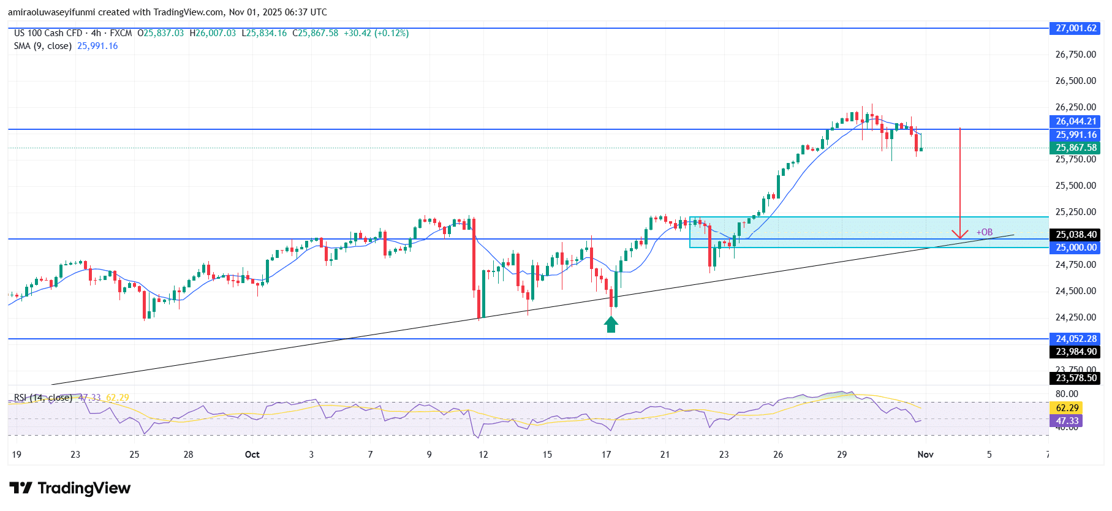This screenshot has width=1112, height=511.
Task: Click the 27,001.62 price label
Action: (x=1076, y=28)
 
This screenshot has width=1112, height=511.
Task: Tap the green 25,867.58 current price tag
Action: (x=1076, y=148)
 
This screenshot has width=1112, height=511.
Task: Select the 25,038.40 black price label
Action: (x=1076, y=235)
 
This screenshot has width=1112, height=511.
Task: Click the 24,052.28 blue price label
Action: (x=1076, y=339)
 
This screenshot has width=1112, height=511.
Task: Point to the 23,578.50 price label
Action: (x=1076, y=378)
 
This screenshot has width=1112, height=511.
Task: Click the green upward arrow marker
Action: (x=611, y=324)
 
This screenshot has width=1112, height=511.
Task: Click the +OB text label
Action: (x=985, y=232)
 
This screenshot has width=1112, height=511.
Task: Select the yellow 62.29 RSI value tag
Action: (x=1067, y=408)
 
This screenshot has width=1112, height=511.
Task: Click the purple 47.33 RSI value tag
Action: (x=1067, y=421)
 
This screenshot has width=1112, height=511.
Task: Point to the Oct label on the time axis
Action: (x=252, y=455)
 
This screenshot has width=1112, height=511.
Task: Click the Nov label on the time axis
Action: (x=925, y=455)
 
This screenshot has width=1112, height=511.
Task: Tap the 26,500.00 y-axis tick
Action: (x=1075, y=81)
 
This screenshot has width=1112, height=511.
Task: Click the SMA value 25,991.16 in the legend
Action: (x=97, y=46)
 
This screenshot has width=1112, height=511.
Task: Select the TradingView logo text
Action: (x=84, y=488)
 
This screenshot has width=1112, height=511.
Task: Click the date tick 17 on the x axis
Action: (x=606, y=455)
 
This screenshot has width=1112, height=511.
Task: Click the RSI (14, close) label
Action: (x=43, y=398)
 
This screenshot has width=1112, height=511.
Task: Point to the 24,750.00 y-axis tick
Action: (x=1075, y=265)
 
